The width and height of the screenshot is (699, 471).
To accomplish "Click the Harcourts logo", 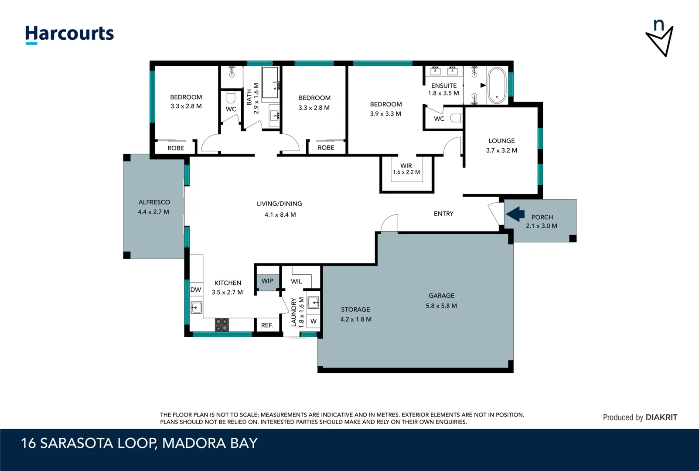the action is coord(69,34).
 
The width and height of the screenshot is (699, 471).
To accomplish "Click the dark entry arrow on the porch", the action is coord(515,214).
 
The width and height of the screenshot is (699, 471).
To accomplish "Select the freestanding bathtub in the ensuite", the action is coord(497,85).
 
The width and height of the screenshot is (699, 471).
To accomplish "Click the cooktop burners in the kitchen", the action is coord(222,324).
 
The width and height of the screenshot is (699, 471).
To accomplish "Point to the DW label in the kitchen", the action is coord(196,290).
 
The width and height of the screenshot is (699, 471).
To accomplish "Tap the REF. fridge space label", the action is coord(267,325).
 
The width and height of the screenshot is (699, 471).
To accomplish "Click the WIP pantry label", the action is coord(267,281).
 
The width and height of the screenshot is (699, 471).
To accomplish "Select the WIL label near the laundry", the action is coord(297,282).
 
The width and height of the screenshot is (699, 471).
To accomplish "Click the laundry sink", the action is coord(313,303).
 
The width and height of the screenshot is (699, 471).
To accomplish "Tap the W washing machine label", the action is coord(314,321).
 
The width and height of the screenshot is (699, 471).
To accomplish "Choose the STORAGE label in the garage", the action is coord(355,310).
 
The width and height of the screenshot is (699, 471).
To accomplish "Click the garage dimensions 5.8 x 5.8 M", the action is coord(441,306).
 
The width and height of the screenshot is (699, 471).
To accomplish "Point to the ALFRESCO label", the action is coord(154,202).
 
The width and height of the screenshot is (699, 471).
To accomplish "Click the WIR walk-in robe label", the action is coord(406,166).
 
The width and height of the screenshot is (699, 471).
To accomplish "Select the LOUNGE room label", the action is coord(501,141).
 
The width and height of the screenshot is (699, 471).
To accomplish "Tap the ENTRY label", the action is coord(443,214).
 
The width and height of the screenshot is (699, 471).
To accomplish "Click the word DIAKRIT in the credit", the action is coord(661,417).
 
